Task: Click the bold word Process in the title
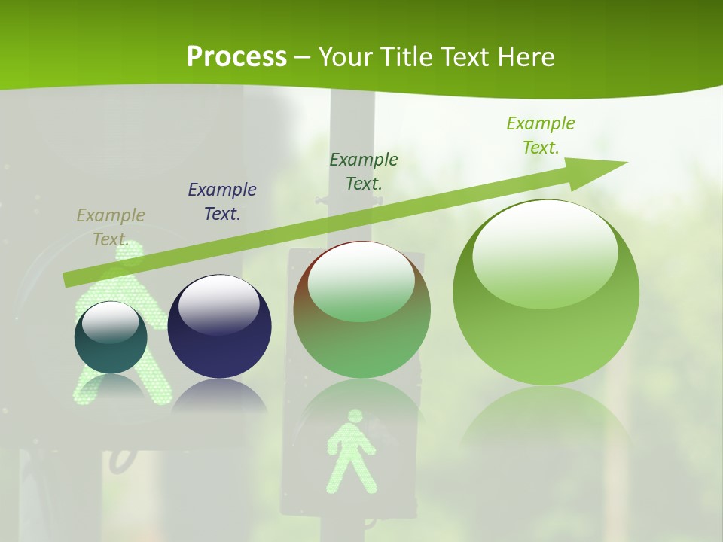[236, 57]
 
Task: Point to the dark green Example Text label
[364, 171]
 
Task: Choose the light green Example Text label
[541, 135]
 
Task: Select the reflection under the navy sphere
[219, 395]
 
